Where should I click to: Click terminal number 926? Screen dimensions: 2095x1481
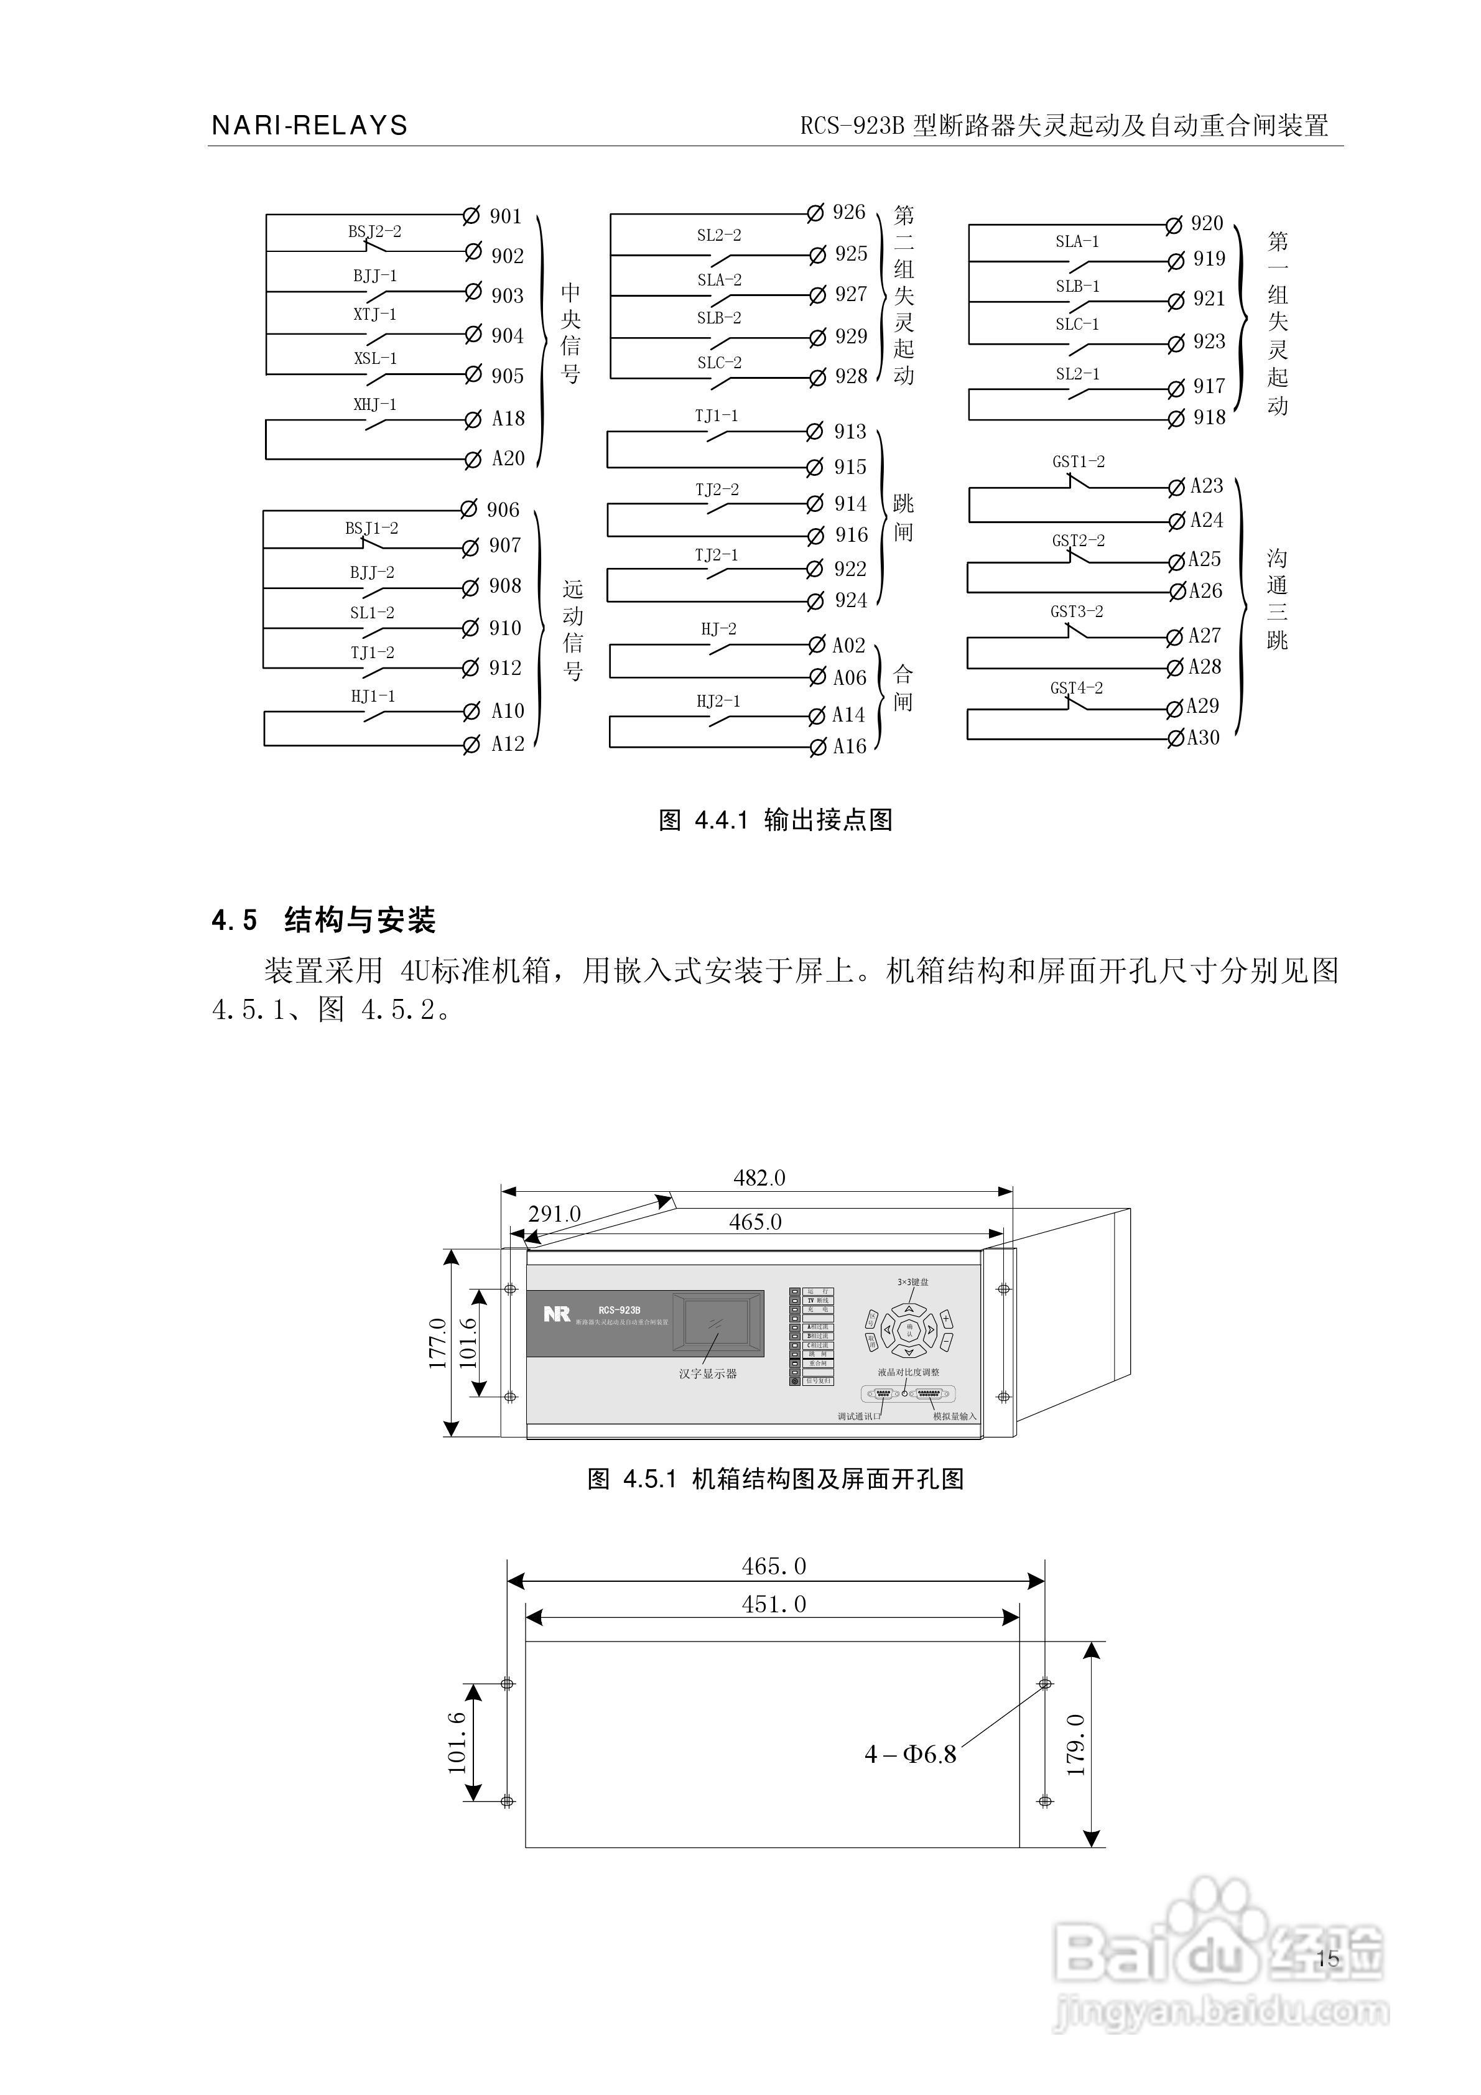pos(848,213)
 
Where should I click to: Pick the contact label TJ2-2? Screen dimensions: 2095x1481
pos(717,490)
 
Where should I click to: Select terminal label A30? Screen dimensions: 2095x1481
pos(1203,738)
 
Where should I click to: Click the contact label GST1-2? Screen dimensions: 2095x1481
pos(1079,462)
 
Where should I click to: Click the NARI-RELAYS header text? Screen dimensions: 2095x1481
pos(309,126)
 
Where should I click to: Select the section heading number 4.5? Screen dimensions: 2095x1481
pos(234,921)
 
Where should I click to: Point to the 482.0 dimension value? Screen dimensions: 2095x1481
pos(759,1178)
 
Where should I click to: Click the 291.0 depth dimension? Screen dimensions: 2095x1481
pos(555,1214)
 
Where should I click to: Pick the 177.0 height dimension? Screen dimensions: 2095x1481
pos(437,1343)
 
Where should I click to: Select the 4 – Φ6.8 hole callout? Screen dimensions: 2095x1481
pos(910,1754)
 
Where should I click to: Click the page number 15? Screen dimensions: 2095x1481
pos(1328,1958)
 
